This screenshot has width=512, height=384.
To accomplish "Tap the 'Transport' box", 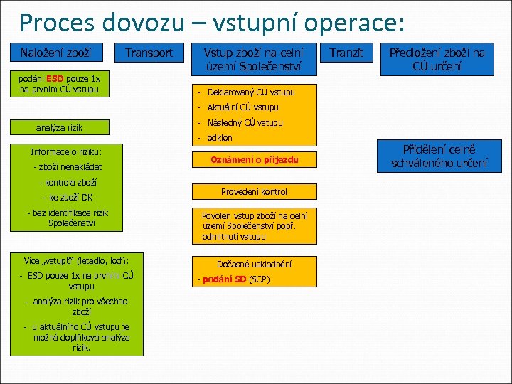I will pos(149,53).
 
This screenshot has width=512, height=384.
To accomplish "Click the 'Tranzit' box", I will pos(347,53).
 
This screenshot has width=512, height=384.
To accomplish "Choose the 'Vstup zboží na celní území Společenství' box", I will pos(253,59).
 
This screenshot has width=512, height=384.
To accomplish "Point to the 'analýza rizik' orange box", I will pos(60,128).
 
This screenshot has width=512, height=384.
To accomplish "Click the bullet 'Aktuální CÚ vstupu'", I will pos(242,107).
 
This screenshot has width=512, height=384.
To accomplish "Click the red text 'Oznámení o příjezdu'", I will pos(254,161).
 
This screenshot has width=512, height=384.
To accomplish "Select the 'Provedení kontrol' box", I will pos(254,192).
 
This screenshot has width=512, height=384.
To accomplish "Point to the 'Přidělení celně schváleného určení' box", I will pos(439,156).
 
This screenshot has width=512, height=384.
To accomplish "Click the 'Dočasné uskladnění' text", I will pos(254,264).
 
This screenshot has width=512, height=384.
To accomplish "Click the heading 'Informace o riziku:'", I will pos(66,151).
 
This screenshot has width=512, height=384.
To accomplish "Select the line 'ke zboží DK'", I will pos(68,198).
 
